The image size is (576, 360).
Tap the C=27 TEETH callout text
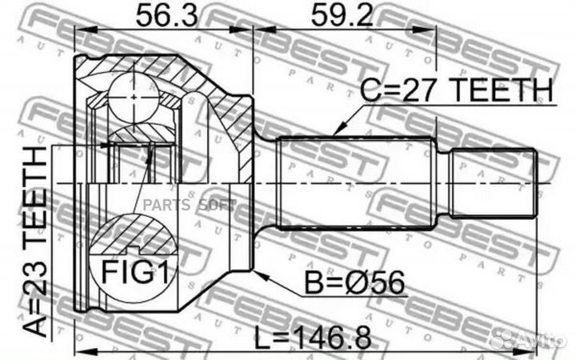click(456, 90)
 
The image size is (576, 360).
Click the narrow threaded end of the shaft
click(492, 183)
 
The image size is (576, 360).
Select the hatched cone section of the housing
click(232, 112)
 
